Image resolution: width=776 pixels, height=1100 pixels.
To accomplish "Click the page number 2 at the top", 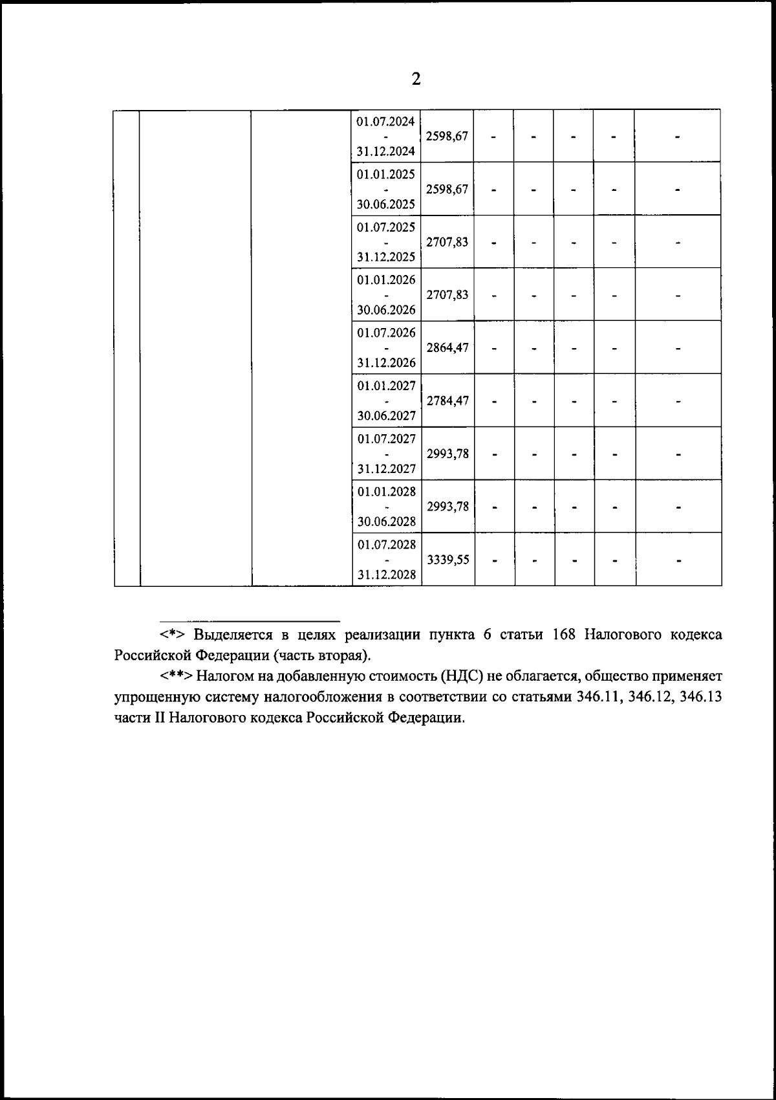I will (x=416, y=80).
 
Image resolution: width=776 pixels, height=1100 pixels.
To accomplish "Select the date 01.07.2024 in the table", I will (x=386, y=121).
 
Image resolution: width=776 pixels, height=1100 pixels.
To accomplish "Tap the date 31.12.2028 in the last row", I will (x=387, y=575).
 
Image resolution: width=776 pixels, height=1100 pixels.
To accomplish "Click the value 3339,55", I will (x=447, y=559).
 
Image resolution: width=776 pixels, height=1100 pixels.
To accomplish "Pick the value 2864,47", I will (x=447, y=347).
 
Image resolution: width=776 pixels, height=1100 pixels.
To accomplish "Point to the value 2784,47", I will (x=447, y=401).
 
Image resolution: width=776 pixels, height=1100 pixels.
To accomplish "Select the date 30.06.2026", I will (x=387, y=310).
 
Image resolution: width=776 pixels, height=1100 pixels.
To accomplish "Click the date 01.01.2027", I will (x=387, y=386).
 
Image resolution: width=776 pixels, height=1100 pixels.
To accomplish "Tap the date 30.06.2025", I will (x=387, y=204).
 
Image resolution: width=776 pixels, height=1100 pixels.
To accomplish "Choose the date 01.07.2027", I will (x=387, y=439).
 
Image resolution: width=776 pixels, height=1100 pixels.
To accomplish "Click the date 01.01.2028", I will (x=387, y=492).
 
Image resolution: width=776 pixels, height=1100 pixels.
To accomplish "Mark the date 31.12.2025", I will (x=387, y=257).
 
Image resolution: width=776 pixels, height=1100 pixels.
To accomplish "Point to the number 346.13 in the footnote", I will (x=698, y=698).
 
